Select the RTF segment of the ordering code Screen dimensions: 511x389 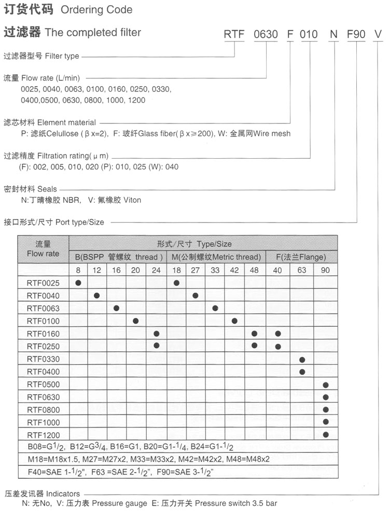234,35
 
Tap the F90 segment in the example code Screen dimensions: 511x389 356,35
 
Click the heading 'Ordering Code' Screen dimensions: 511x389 96,9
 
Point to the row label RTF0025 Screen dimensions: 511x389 43,283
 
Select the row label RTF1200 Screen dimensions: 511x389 43,435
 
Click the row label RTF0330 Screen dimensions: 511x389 43,359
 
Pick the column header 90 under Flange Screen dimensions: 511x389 326,270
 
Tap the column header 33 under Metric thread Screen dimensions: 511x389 215,270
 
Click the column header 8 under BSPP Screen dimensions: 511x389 78,270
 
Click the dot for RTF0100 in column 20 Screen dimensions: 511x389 135,321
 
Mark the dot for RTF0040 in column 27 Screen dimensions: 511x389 196,296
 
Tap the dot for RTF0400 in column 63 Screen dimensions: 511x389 302,371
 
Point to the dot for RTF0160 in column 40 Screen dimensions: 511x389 278,334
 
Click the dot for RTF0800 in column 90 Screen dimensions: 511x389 326,409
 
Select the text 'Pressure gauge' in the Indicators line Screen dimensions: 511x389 122,503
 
